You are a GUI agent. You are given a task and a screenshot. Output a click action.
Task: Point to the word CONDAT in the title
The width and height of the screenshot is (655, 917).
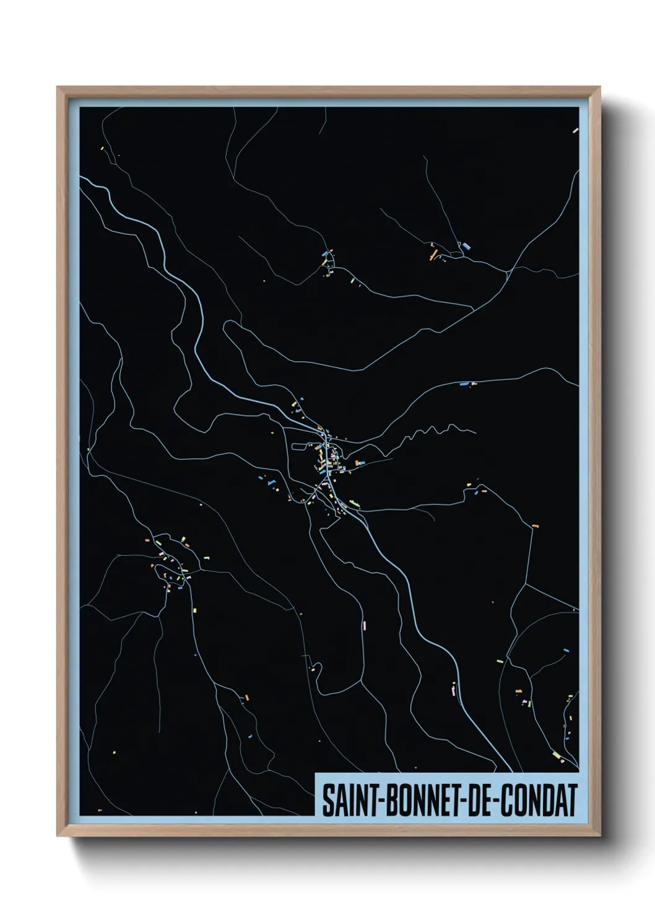(539, 801)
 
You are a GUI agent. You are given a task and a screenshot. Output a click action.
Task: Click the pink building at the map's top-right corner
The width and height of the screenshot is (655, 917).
(575, 131)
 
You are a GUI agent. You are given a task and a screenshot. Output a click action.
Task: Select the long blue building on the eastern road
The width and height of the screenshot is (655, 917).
(464, 384)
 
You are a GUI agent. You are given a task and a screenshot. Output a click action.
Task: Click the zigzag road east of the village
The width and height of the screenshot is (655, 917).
(433, 430)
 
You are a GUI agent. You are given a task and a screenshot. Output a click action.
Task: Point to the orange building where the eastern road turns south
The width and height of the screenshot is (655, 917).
(535, 526)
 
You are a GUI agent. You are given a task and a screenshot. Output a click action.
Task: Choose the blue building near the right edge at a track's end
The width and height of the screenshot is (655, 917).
(565, 650)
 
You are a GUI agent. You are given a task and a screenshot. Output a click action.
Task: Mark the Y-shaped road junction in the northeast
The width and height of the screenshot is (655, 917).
(508, 271)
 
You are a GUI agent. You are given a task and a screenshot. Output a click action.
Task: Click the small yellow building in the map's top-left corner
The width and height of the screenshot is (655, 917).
(102, 148)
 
